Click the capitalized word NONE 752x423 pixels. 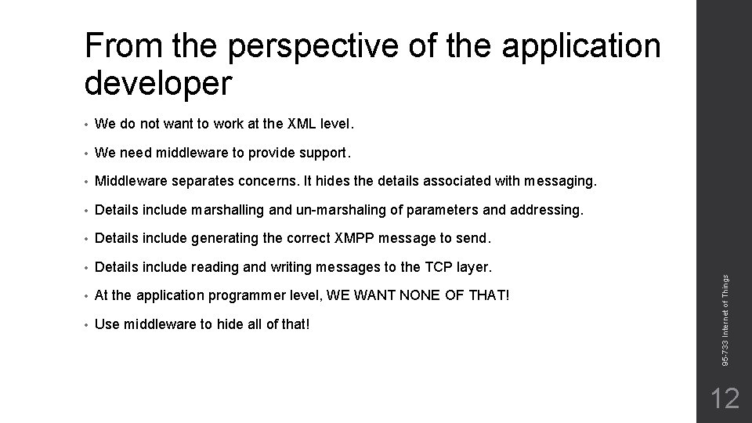point(390,296)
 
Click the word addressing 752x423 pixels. point(545,210)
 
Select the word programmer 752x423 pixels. point(248,296)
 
